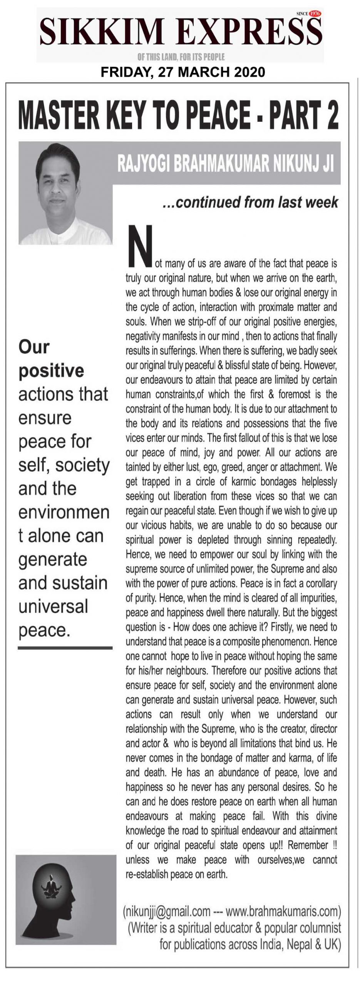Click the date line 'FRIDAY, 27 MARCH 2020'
(183, 72)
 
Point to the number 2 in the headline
(331, 116)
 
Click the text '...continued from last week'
(250, 202)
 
